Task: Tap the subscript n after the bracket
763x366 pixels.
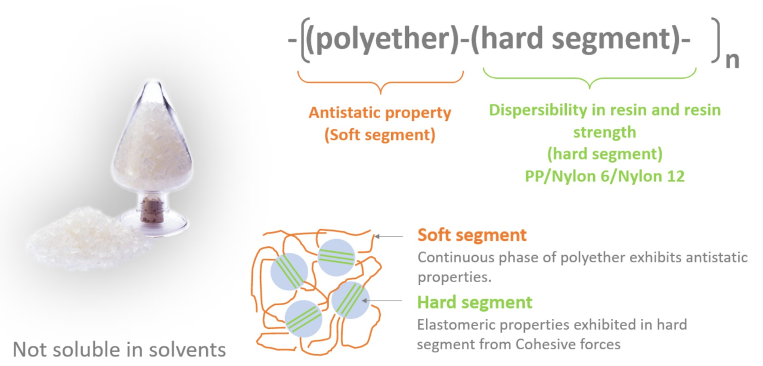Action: [x=733, y=61]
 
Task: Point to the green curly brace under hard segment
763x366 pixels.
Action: [x=590, y=78]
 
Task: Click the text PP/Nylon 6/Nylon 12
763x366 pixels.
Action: [x=604, y=176]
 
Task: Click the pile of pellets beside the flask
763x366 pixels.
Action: [x=87, y=238]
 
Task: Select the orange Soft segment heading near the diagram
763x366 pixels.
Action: [x=472, y=235]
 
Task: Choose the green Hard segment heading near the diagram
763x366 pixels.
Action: [x=474, y=302]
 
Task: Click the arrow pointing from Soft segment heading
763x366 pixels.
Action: [x=389, y=236]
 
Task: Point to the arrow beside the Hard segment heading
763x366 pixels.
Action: [x=382, y=300]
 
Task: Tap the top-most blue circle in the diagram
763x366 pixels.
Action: [x=337, y=258]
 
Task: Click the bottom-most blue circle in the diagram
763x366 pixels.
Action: [x=303, y=319]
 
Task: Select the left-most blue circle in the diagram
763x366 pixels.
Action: [x=289, y=272]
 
